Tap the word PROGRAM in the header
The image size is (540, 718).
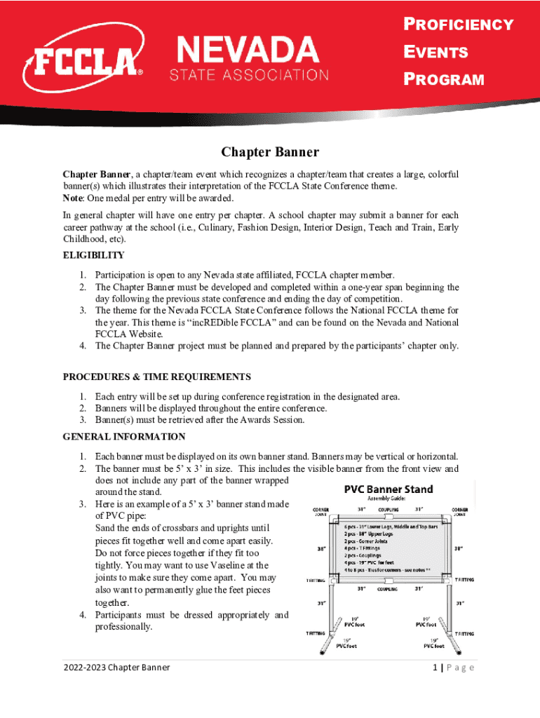(444, 79)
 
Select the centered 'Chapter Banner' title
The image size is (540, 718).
(270, 152)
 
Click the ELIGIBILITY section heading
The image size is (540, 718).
(94, 255)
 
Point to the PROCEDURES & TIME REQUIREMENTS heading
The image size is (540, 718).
(157, 377)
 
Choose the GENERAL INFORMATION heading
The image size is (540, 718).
(124, 437)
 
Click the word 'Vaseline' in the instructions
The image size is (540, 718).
(220, 565)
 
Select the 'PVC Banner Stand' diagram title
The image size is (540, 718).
(388, 489)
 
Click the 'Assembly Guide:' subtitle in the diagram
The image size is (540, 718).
(389, 499)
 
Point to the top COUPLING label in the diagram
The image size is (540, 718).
(389, 510)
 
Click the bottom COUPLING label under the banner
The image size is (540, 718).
(388, 590)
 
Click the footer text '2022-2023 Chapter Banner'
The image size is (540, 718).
(116, 668)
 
